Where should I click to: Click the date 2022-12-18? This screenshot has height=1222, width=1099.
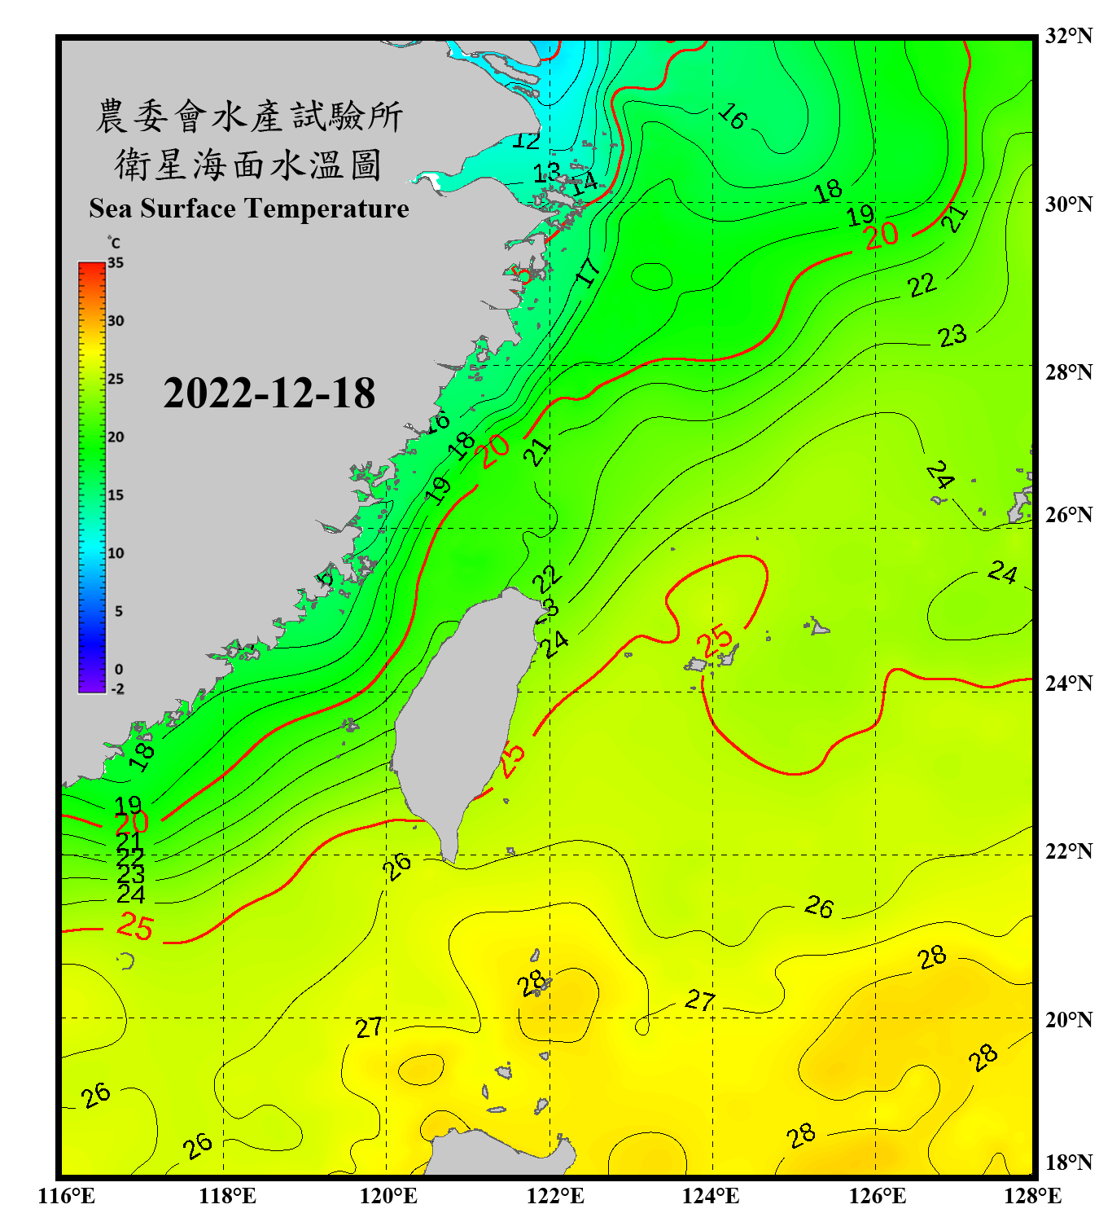point(269,393)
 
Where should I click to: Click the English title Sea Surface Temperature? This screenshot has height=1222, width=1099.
point(248,209)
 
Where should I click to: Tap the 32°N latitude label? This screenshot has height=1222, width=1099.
point(1068,36)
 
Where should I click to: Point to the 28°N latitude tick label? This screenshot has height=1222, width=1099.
point(1068,372)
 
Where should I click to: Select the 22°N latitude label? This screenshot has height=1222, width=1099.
point(1068,851)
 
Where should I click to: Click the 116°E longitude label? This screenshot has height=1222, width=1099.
point(67,1196)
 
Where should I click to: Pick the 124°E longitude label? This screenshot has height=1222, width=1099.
point(711,1196)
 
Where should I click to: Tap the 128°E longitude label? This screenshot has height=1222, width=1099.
point(1032,1196)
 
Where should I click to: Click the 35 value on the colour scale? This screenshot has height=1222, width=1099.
point(116,262)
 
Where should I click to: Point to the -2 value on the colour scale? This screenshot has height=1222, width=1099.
point(117,689)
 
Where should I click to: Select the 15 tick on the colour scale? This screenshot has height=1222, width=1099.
point(116,495)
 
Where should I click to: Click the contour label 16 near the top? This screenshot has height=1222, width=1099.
point(732,116)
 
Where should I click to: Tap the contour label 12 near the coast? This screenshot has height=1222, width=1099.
point(526,140)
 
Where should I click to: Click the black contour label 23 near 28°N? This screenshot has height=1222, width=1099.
point(952,336)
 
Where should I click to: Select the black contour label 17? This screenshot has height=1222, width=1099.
point(588,271)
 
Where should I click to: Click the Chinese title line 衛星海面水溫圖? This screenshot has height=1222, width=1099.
point(248,165)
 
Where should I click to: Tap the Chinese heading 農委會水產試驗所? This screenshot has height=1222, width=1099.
point(248,116)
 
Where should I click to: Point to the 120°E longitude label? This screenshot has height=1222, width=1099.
point(388,1196)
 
